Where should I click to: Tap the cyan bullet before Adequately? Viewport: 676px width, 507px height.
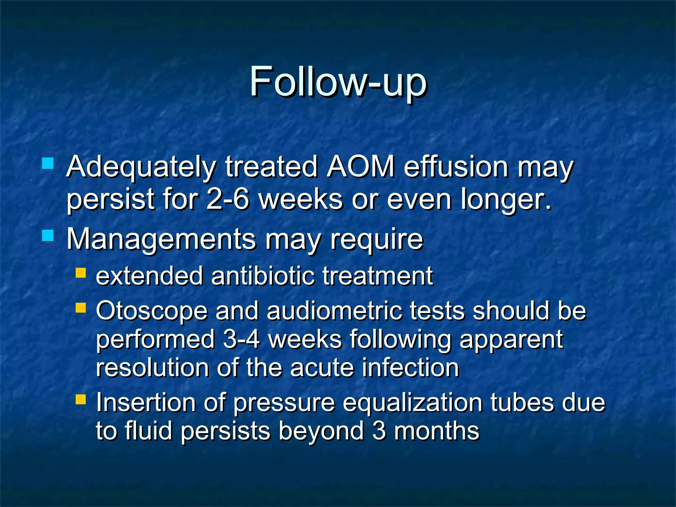coord(48,163)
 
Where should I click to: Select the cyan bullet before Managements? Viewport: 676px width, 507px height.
coord(48,235)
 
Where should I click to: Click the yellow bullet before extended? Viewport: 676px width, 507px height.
coord(81,273)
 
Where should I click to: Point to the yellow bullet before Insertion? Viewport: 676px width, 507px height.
coord(81,399)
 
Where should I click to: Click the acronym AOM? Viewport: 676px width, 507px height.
coord(360,167)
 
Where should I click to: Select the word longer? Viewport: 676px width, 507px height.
coord(505,200)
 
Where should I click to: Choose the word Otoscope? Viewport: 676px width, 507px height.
coord(152,312)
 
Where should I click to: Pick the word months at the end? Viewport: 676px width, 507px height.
coord(436,431)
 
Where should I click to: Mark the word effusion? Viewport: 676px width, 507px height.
coord(456,167)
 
